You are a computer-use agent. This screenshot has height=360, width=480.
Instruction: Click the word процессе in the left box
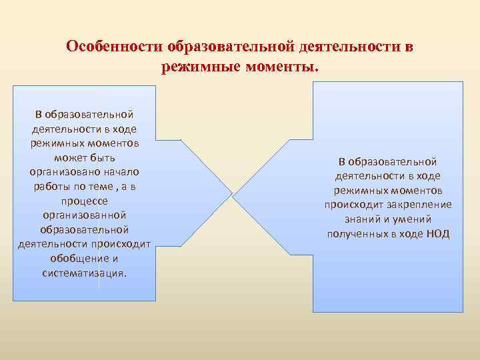84,201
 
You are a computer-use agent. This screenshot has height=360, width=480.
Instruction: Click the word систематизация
84,273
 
